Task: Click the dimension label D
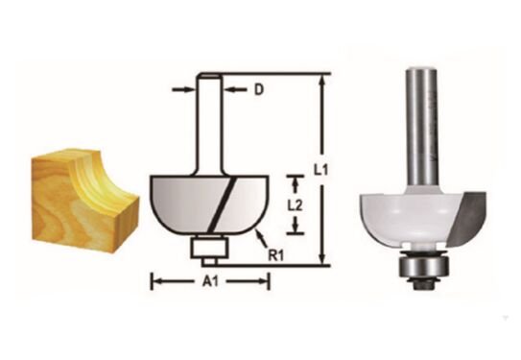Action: point(257,91)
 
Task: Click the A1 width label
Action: point(210,282)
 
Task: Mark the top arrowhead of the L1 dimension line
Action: point(322,79)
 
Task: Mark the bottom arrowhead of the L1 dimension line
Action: point(322,258)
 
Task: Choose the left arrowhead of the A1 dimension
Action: point(155,282)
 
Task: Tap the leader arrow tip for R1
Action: point(259,238)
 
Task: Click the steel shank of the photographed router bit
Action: point(419,125)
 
